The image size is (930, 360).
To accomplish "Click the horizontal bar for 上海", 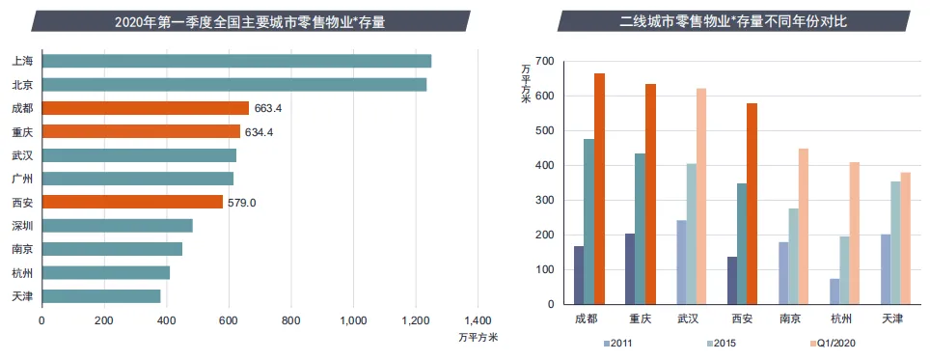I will click(236, 61).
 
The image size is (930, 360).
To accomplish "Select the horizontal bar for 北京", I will click(233, 85).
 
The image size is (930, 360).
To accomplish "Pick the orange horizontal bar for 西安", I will click(132, 202).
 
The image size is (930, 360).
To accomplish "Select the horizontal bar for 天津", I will click(101, 295).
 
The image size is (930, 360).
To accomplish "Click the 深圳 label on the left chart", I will click(23, 226).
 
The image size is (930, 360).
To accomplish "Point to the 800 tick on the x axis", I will click(290, 320).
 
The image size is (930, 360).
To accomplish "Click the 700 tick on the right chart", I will click(545, 61).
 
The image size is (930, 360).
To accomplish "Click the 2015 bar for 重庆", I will click(640, 229).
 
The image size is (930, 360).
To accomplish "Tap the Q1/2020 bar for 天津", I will click(905, 238).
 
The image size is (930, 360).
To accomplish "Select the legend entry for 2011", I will click(620, 344).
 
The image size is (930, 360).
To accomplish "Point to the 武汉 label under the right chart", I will click(688, 318).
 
